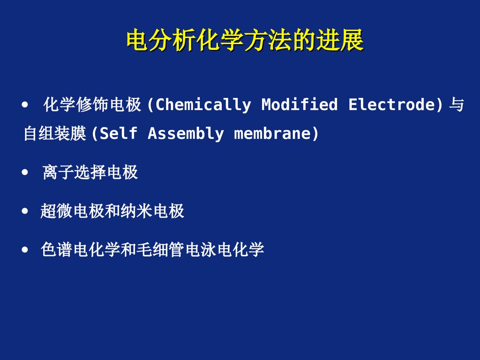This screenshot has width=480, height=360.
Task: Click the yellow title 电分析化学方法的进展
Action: (245, 41)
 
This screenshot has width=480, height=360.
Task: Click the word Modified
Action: (300, 105)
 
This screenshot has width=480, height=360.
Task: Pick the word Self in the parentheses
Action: (119, 133)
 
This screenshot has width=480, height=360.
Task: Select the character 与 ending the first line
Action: (456, 105)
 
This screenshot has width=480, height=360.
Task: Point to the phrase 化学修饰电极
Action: (92, 105)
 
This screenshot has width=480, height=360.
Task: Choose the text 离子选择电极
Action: (90, 172)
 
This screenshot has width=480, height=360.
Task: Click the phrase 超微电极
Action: (72, 211)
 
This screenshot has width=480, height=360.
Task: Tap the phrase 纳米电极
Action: (153, 211)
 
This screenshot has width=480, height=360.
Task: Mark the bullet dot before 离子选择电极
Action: (25, 172)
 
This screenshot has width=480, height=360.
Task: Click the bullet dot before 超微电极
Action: (25, 211)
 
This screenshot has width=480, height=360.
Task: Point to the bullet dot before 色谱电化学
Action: (25, 250)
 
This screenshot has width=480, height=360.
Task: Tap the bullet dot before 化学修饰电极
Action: (25, 104)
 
